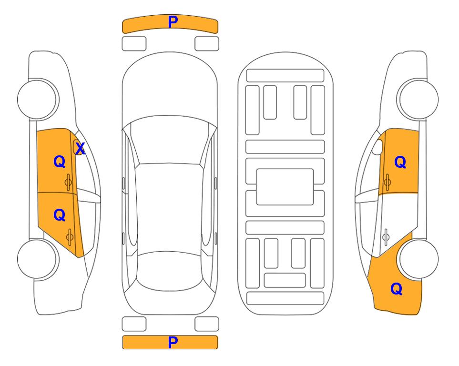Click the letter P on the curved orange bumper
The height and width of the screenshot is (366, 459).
(x=173, y=22)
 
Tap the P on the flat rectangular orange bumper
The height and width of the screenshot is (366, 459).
(x=173, y=342)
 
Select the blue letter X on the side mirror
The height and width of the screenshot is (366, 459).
(x=80, y=149)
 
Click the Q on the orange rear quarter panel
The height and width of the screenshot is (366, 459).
(x=397, y=289)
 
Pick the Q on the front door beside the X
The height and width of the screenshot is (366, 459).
(x=60, y=162)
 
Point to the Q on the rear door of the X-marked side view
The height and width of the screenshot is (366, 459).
(x=60, y=215)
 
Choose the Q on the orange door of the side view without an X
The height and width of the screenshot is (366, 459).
(x=400, y=162)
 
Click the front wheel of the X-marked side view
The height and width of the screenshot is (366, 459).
(x=38, y=100)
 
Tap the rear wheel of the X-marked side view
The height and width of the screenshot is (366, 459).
(x=38, y=259)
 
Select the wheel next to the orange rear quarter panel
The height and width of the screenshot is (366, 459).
(x=418, y=259)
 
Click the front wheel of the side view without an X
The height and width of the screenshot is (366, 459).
(x=418, y=100)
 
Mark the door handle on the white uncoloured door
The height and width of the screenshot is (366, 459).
(x=386, y=237)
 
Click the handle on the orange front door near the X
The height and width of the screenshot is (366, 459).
(x=69, y=182)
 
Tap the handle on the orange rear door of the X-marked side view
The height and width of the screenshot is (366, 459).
(x=70, y=237)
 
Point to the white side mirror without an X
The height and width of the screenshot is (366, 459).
(x=377, y=147)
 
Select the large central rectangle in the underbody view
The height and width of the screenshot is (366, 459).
(x=285, y=187)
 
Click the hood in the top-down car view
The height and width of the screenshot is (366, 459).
(x=170, y=88)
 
